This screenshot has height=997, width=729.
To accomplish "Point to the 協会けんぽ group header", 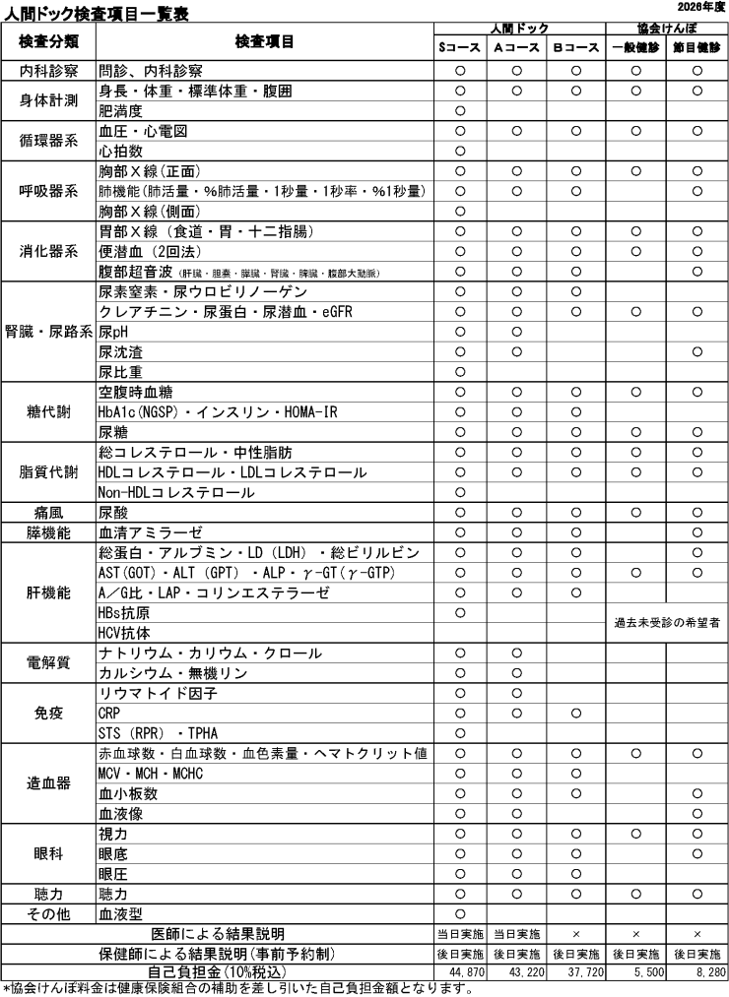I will tap(666, 29).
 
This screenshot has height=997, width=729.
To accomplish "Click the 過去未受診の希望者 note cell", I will tap(666, 623).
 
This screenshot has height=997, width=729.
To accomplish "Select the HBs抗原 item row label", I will tap(124, 614).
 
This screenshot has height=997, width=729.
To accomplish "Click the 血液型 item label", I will tap(120, 912).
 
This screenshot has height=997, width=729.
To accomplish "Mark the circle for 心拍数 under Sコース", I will tap(459, 151).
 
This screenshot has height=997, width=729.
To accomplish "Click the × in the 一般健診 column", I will tap(635, 933).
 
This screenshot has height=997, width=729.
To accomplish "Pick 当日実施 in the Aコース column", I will tap(516, 933).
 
